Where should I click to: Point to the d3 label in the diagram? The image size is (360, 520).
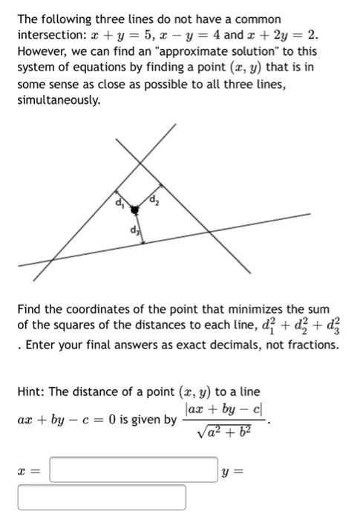pos(134,229)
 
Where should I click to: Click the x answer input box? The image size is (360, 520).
pos(134,471)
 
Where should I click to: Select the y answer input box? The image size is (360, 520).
pos(102,497)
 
